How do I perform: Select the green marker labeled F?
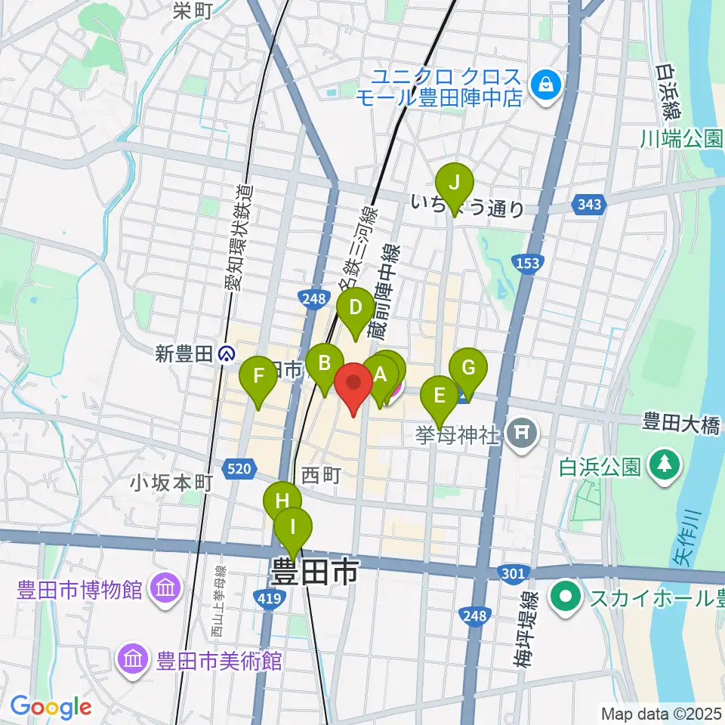click(258, 375)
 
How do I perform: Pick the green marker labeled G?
click(468, 369)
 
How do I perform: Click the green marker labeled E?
click(440, 395)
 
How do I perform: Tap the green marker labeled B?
click(325, 363)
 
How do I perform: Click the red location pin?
click(353, 382)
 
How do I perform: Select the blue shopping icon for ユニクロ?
click(543, 85)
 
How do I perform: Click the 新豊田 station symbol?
click(225, 353)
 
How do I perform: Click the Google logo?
click(51, 707)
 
